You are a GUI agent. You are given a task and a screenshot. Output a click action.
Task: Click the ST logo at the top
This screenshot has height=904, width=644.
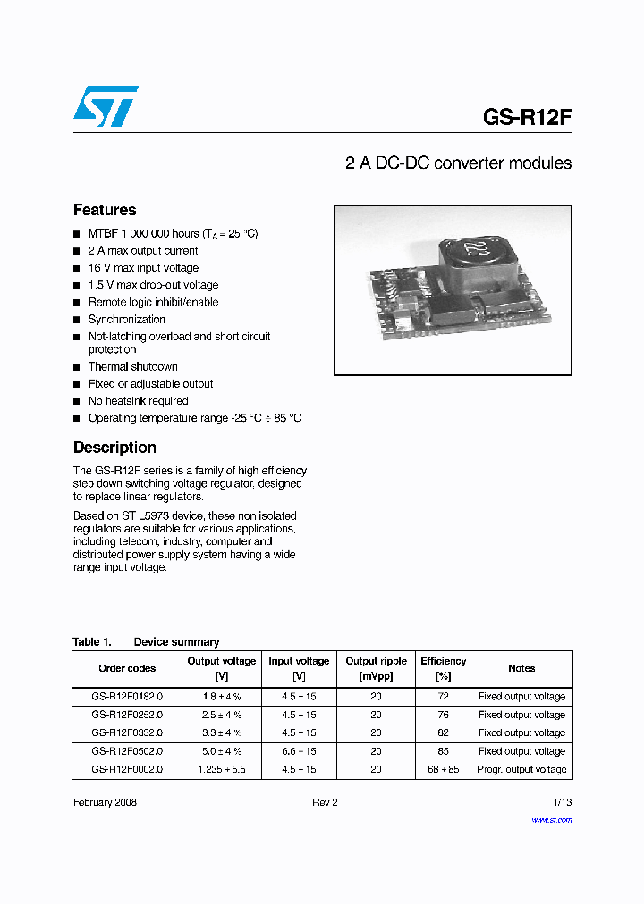click(x=106, y=106)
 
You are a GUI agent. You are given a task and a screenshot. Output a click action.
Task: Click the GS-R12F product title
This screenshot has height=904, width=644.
click(x=526, y=117)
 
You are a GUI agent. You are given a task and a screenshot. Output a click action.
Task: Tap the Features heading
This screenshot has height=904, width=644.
click(x=105, y=210)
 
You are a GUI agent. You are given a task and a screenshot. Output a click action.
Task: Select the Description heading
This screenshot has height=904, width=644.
click(x=114, y=448)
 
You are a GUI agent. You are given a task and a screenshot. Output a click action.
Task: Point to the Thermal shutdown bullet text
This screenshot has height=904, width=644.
click(x=132, y=367)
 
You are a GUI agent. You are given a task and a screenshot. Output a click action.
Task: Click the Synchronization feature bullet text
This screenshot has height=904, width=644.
click(x=126, y=320)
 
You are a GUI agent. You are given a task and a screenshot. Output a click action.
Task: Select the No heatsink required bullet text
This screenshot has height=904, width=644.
click(x=138, y=401)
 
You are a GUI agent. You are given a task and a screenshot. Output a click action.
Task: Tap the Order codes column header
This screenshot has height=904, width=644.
click(x=127, y=668)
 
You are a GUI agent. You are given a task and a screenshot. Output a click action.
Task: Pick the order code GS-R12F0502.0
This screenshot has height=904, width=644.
click(x=127, y=751)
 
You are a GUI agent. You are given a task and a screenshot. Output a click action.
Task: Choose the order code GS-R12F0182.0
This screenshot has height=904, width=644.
click(x=127, y=697)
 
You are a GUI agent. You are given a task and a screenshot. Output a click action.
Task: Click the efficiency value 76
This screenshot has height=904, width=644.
click(x=443, y=715)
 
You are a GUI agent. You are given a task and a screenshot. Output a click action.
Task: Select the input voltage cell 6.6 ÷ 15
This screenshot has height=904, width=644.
click(x=299, y=751)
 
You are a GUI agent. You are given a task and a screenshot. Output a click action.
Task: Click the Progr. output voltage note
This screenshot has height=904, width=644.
click(x=521, y=769)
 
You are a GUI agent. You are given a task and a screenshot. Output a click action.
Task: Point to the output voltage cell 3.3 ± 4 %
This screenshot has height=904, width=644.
click(x=221, y=732)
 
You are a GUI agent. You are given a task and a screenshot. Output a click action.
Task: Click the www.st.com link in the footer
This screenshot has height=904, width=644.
click(x=551, y=820)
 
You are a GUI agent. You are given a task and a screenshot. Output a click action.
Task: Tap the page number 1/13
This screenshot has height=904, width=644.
click(x=562, y=803)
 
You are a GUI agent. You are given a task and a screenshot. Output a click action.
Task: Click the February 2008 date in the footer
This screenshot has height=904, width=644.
click(x=105, y=803)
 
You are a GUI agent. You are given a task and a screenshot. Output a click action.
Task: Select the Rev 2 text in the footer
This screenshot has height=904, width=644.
click(x=325, y=803)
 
